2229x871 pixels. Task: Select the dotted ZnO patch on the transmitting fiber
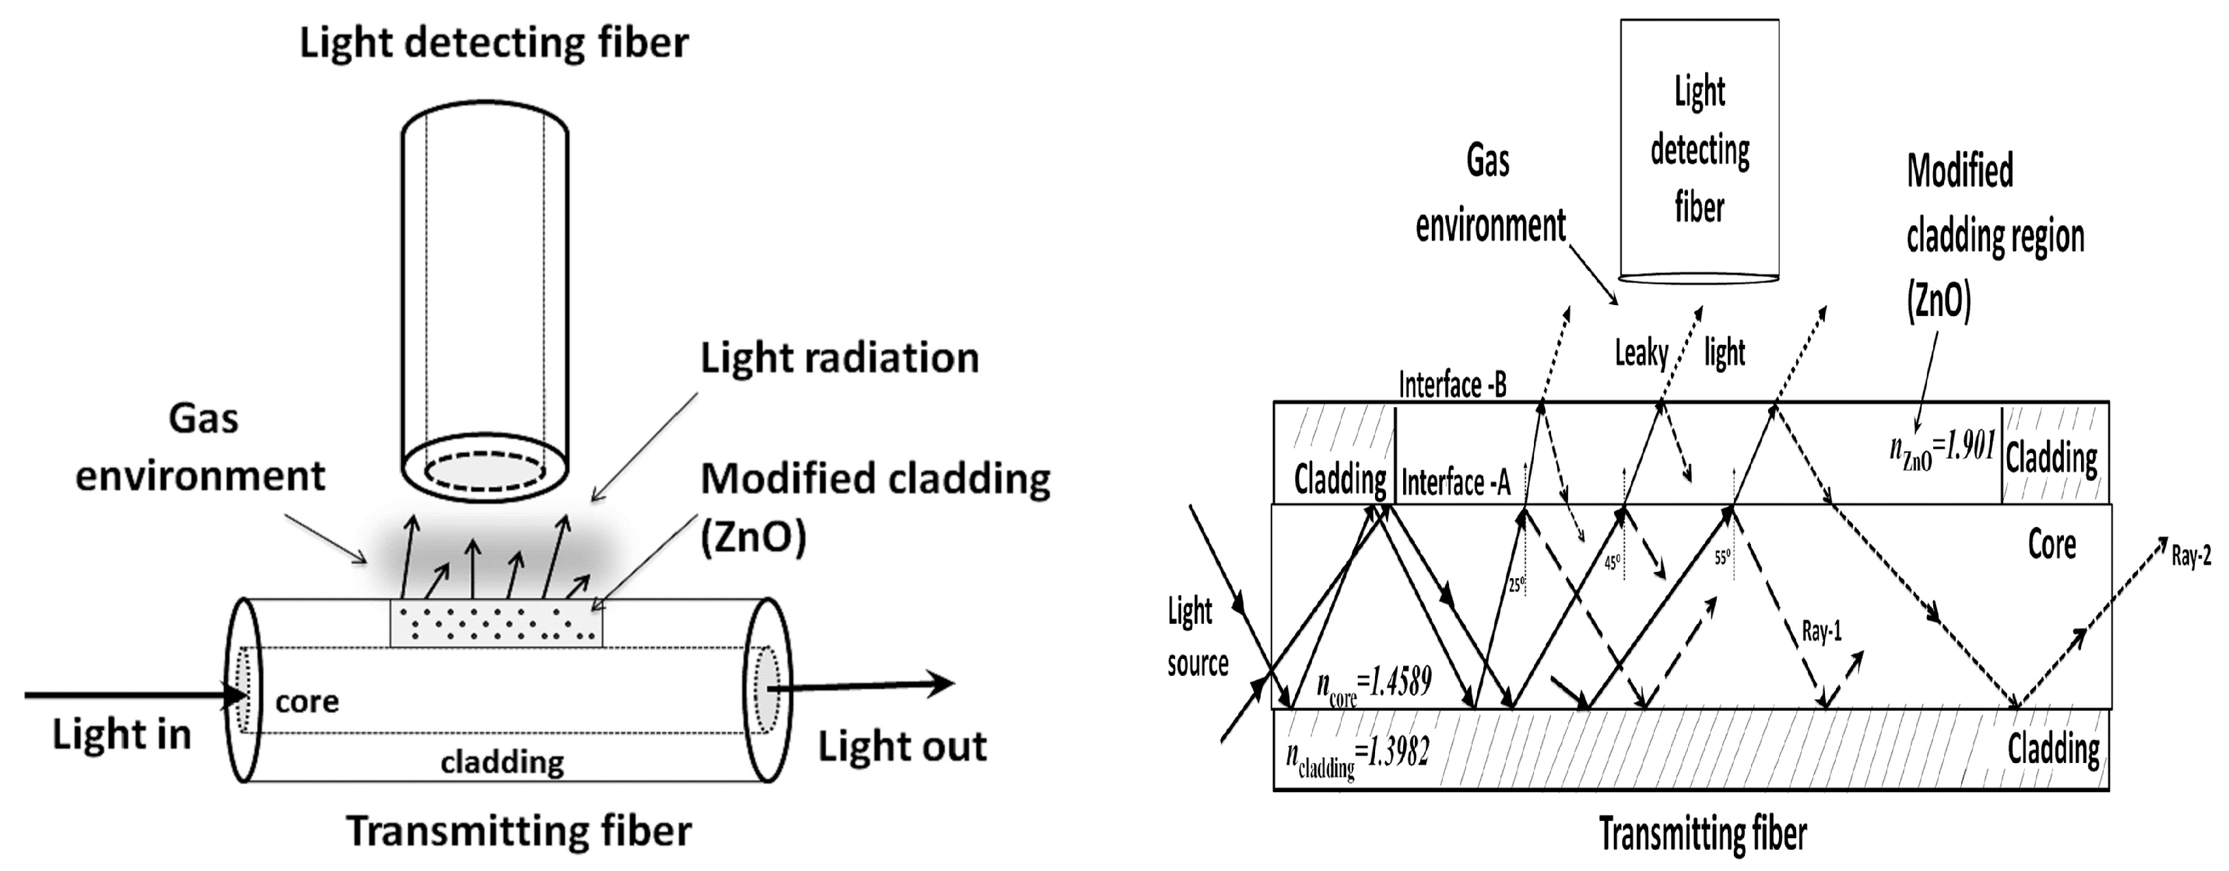coord(496,623)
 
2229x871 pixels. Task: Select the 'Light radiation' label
coord(840,358)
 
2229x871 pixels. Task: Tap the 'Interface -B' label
coord(1453,386)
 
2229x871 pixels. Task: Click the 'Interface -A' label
coord(1455,482)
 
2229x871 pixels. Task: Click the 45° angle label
coord(1612,563)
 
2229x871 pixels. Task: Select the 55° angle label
coord(1723,558)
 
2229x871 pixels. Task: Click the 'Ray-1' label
coord(1822,632)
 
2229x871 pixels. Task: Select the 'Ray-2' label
coord(2190,556)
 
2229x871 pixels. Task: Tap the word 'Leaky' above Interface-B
coord(1641,353)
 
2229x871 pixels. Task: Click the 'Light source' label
coord(1197,638)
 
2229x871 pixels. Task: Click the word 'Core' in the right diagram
coord(2052,545)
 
